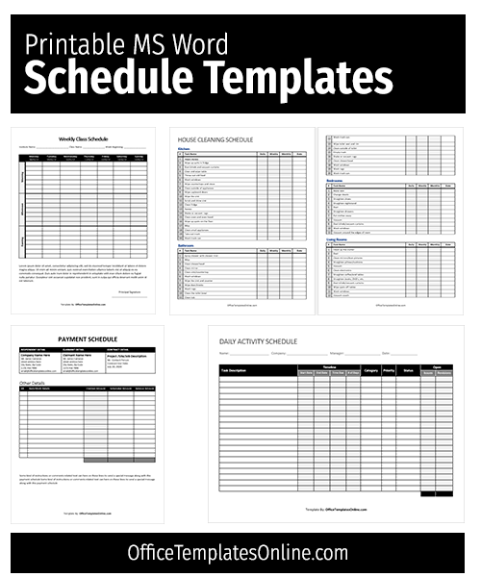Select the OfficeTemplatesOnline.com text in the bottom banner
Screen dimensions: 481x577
pos(238,552)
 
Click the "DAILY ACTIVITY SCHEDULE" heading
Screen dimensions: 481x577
pos(258,341)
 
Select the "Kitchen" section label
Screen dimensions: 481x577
pos(185,149)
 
